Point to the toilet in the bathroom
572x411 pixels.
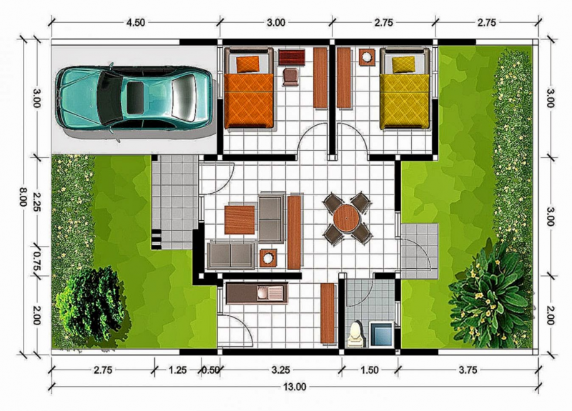(x=355, y=332)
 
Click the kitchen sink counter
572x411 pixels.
(x=255, y=292)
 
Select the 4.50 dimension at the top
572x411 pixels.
(x=135, y=22)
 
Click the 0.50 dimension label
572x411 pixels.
(x=210, y=370)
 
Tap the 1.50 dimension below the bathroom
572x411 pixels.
(x=369, y=370)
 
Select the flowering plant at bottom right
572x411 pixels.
(x=490, y=289)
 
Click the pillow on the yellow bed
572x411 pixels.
(x=403, y=64)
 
